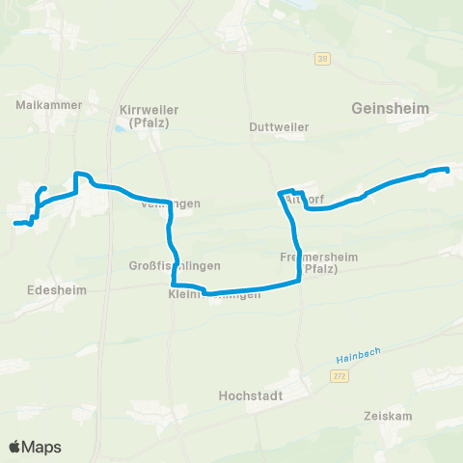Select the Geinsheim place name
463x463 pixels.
point(391,108)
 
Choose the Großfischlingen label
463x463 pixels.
point(175,265)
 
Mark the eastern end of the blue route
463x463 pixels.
point(448,171)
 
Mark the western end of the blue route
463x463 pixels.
point(15,224)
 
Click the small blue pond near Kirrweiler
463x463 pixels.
point(119,127)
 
